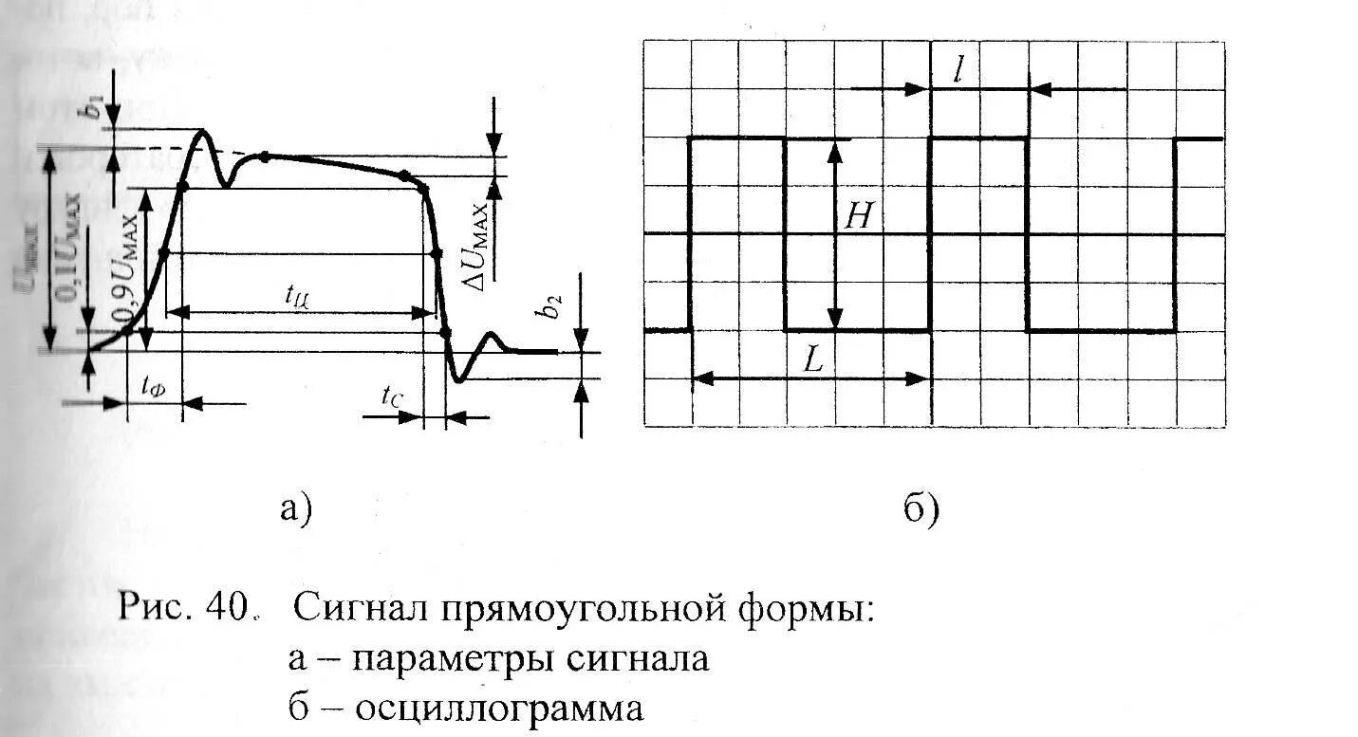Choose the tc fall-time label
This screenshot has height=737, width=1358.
click(392, 396)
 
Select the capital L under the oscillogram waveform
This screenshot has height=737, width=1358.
click(812, 359)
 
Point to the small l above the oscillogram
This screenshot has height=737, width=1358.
click(958, 70)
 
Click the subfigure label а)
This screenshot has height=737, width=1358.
click(295, 509)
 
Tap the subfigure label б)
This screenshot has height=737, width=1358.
click(921, 509)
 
